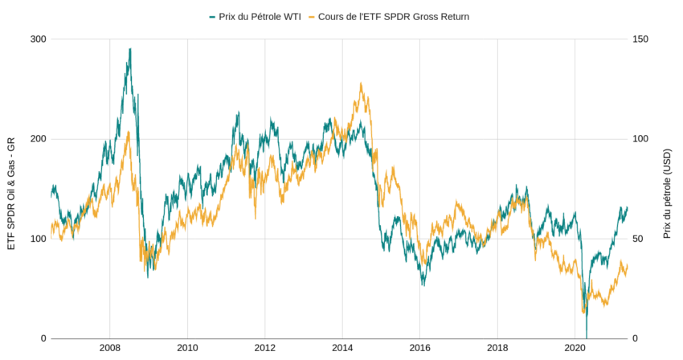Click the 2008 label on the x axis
tap(110, 349)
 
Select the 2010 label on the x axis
tap(187, 349)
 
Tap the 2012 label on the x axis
tap(265, 349)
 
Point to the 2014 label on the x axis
tap(342, 349)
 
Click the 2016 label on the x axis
tap(420, 349)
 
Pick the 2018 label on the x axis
tap(497, 349)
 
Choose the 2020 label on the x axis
tap(575, 349)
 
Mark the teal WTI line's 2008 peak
tap(129, 49)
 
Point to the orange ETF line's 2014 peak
tap(361, 84)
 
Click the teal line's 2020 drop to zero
tap(587, 337)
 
